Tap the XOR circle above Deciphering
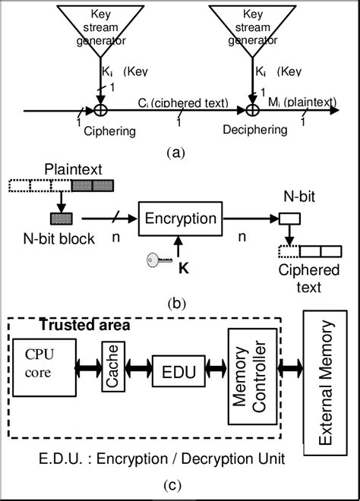[x=251, y=110]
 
